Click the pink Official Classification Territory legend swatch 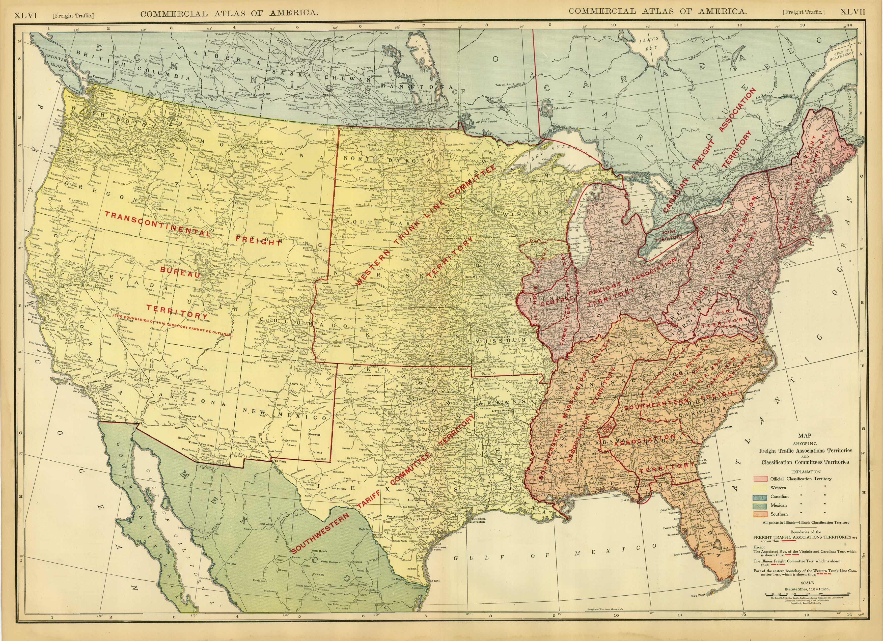760,478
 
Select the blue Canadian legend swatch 760,496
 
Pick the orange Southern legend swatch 760,514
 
